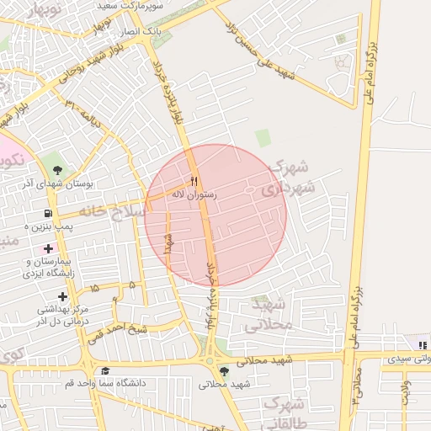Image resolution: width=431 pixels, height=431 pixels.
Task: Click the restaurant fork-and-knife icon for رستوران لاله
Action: coord(194,181)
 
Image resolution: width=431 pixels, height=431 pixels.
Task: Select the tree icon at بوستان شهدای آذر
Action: coord(57,169)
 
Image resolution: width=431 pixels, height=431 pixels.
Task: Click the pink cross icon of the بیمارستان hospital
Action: coord(48,248)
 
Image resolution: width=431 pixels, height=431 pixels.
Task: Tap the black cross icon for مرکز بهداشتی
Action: coord(62,295)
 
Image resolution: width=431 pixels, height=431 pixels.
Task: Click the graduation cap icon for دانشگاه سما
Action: coord(105,371)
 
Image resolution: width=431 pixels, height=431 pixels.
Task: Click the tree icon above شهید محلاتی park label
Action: coord(223,370)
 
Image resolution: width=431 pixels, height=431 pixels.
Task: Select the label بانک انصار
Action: coord(141,31)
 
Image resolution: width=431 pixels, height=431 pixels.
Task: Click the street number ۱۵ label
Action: coord(93,288)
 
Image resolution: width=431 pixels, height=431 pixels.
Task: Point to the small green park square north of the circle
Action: coord(263,138)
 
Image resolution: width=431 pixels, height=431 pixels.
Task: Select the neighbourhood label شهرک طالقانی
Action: coord(283,413)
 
